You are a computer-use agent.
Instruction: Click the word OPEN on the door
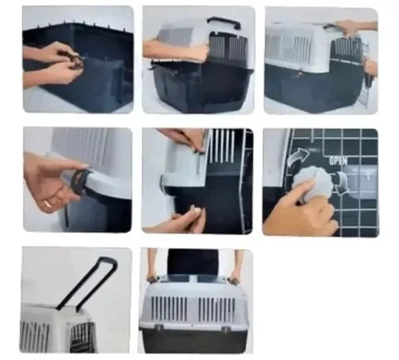coord(338,160)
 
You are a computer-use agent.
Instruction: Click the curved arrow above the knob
coord(298,156)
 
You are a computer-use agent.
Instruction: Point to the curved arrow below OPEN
coord(342,184)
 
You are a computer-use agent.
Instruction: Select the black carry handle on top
coord(224,22)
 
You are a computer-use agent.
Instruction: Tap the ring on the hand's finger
coord(47,205)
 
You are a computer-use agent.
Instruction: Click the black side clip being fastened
coord(80,180)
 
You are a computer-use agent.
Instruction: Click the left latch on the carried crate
coord(160,328)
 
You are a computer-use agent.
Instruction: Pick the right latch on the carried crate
coord(226,328)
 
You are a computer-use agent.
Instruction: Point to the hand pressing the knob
coord(299,210)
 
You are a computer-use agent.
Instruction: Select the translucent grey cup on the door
coord(361,181)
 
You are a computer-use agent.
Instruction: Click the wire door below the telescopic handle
coord(81,337)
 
